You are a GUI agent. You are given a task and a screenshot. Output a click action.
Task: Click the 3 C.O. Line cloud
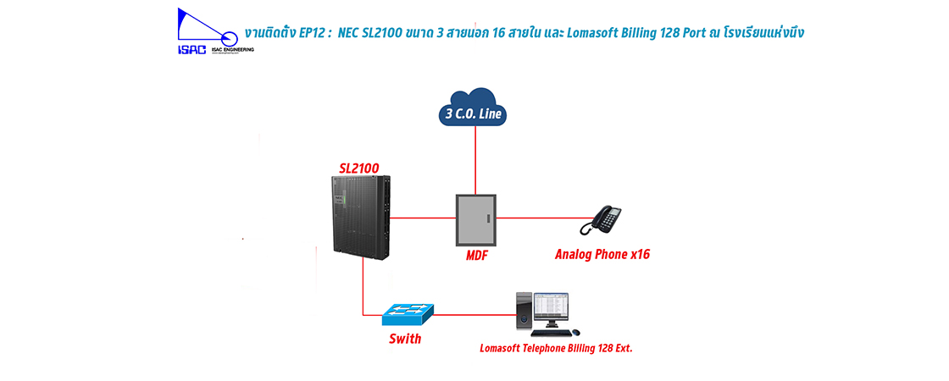tap(474, 108)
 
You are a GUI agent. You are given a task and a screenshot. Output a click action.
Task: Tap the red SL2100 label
tap(359, 167)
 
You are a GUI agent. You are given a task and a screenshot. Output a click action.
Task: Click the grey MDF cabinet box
tap(475, 218)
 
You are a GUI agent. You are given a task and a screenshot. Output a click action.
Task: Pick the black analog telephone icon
tap(601, 220)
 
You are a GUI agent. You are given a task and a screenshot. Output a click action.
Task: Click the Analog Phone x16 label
tap(602, 254)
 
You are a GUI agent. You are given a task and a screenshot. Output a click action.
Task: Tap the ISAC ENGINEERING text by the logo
tap(229, 49)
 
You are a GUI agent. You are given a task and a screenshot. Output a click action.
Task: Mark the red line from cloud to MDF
tap(475, 161)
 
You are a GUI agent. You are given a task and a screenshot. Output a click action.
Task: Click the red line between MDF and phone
tap(538, 218)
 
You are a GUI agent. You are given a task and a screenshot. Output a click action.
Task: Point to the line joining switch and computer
tap(474, 315)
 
